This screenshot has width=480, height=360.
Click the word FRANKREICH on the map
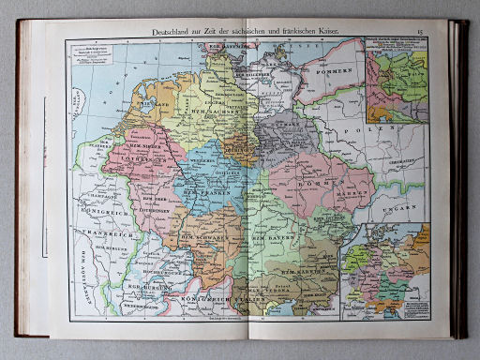point(102,211)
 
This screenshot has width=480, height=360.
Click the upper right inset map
point(397,85)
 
